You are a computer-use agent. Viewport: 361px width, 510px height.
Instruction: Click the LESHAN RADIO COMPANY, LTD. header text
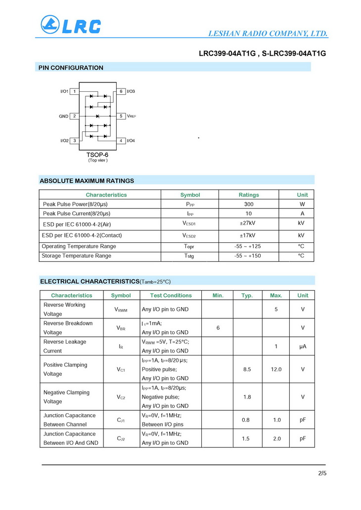pos(268,34)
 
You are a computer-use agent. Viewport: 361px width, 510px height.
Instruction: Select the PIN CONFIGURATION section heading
pos(71,68)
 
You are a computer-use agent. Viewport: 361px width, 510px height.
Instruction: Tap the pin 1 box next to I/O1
pos(74,91)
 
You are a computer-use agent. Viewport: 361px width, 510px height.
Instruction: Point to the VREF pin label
pos(131,116)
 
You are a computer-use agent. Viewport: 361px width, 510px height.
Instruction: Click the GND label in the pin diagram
pos(64,116)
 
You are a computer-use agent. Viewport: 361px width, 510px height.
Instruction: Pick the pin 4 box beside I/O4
pos(121,141)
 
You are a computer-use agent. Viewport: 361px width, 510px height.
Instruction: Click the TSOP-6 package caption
pos(97,155)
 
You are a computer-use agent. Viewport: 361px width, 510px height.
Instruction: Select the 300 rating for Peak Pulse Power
pos(249,204)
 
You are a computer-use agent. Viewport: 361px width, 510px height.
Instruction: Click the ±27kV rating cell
pos(248,223)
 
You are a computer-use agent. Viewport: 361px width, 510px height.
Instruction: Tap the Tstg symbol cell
pos(189,256)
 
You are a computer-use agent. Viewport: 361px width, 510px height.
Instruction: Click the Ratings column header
pos(249,195)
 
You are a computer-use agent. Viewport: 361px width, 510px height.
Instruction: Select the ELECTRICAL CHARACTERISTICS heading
pos(90,281)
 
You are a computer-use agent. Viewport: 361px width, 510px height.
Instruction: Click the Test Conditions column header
pos(171,295)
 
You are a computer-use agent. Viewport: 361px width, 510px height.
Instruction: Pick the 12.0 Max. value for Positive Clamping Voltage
pos(276,369)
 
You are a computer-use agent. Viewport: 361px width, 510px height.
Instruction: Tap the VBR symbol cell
pos(121,328)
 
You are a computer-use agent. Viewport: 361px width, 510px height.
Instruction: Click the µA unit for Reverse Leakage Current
pos(303,347)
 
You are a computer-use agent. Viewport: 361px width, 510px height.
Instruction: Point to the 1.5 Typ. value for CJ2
pos(246,438)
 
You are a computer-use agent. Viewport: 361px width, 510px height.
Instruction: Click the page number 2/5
pos(322,473)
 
